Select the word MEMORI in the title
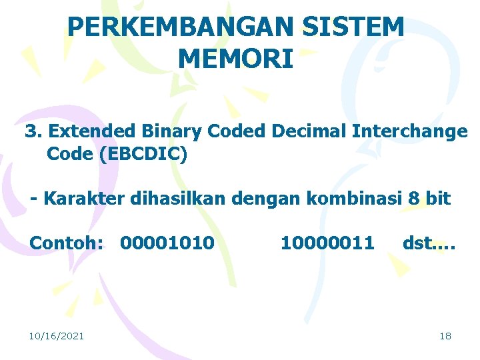[x=236, y=59]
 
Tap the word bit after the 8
[x=439, y=199]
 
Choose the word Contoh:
[x=67, y=243]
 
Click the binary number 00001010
[x=167, y=243]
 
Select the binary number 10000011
[x=327, y=243]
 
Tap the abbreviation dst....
[x=419, y=243]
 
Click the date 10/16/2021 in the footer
[x=57, y=336]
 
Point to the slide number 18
[x=445, y=336]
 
